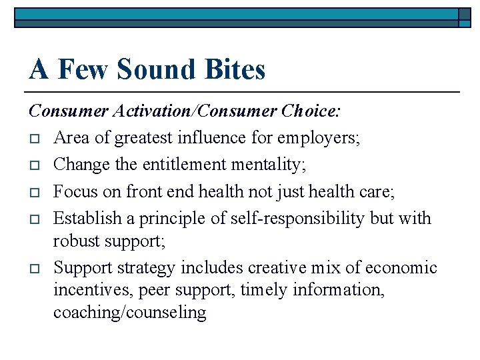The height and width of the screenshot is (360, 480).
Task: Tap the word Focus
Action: pyautogui.click(x=73, y=192)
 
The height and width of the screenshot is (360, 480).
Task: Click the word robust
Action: pyautogui.click(x=76, y=241)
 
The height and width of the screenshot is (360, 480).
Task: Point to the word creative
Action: pyautogui.click(x=279, y=268)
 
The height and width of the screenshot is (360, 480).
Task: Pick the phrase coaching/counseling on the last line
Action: pyautogui.click(x=130, y=312)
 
